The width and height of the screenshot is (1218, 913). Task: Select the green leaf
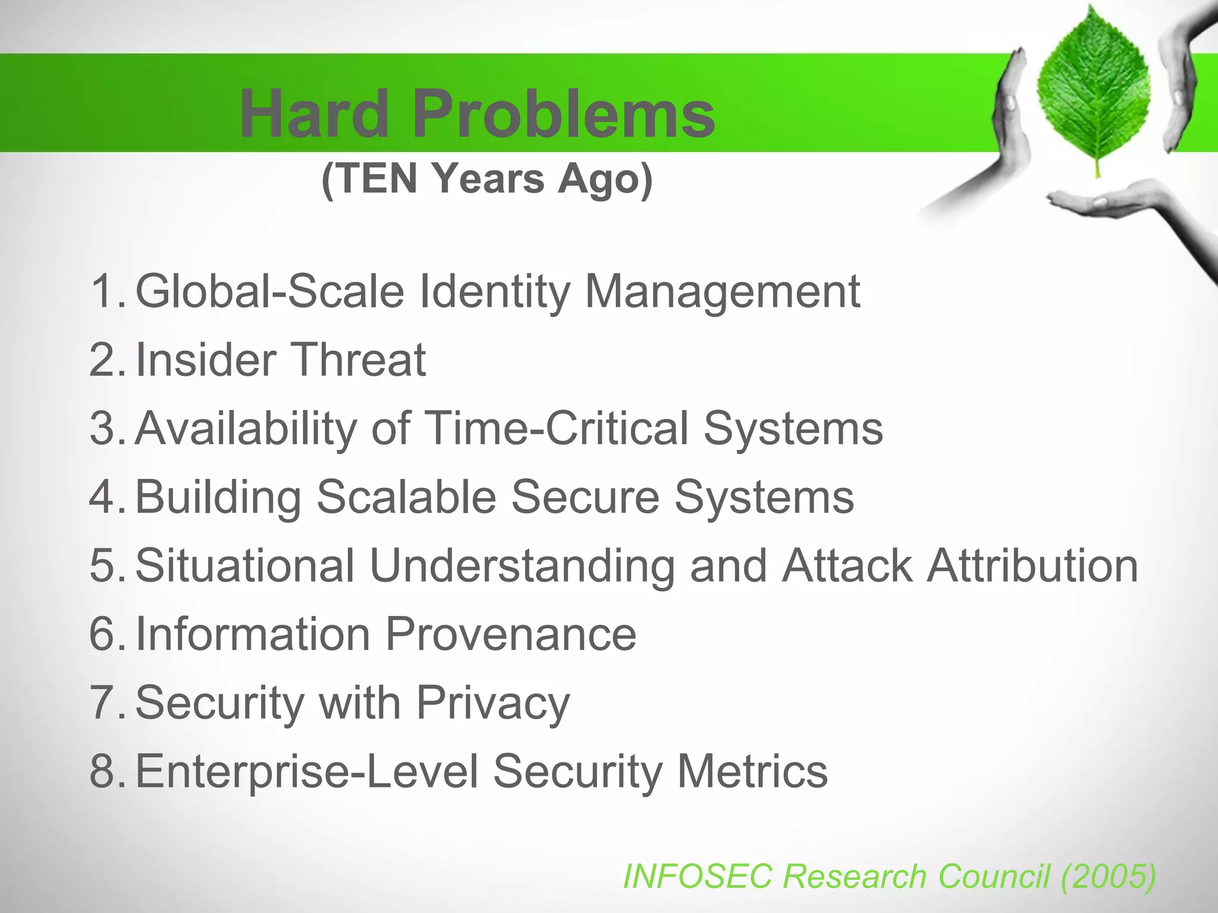click(x=1093, y=92)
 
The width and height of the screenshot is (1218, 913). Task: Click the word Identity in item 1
click(x=494, y=291)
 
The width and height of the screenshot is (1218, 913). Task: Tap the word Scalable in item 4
click(x=406, y=496)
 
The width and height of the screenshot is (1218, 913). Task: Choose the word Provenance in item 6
click(x=511, y=634)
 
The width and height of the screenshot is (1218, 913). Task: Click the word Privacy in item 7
click(x=492, y=703)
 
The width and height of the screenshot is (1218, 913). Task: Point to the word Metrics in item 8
click(x=752, y=771)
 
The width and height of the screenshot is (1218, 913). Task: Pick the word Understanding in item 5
click(x=522, y=566)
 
